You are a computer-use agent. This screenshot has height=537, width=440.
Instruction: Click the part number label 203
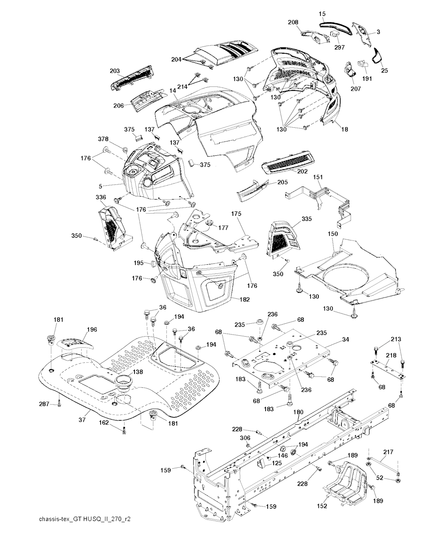(x=103, y=70)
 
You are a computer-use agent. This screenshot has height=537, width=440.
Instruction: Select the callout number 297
(x=339, y=47)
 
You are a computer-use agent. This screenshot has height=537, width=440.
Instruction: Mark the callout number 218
(x=391, y=355)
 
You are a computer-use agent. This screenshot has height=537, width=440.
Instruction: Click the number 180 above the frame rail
(x=298, y=412)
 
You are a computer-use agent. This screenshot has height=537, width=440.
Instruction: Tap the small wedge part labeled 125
(x=260, y=463)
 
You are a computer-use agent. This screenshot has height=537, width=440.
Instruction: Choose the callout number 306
(x=244, y=438)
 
